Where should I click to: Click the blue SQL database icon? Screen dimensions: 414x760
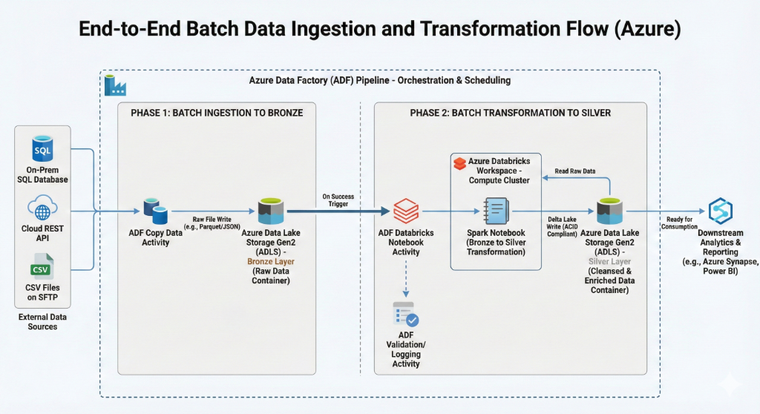[x=43, y=148]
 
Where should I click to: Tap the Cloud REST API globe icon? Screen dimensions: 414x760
[x=43, y=207]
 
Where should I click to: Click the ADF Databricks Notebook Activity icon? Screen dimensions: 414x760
[x=405, y=211]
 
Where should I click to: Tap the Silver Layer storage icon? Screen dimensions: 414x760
[x=609, y=211]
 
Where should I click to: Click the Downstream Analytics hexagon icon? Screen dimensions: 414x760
[x=720, y=211]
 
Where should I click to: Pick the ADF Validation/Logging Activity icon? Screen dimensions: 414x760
[x=406, y=315]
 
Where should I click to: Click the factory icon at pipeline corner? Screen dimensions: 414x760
[x=115, y=85]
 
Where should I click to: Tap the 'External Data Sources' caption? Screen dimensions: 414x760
[x=42, y=321]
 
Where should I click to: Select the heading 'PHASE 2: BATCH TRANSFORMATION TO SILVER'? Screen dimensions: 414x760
[x=510, y=113]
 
